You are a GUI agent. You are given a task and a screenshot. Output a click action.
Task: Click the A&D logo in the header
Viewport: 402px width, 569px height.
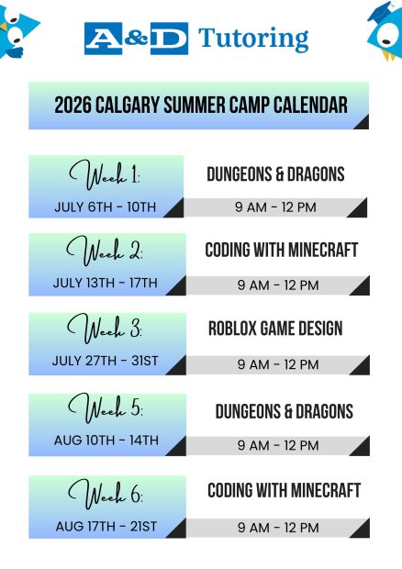(136, 39)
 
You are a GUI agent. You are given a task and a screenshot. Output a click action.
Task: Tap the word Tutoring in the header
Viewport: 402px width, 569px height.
(253, 39)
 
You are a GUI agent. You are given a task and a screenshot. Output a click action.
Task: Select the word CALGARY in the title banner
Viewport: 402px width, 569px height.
(128, 105)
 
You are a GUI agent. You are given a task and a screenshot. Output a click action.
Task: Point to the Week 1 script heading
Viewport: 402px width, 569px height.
(105, 175)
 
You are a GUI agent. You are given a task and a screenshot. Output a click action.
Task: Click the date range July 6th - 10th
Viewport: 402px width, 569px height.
(106, 207)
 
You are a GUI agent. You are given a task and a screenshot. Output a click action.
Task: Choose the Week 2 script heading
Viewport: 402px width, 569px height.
(105, 251)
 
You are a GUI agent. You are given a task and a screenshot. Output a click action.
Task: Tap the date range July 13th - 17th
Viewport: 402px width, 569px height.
(106, 283)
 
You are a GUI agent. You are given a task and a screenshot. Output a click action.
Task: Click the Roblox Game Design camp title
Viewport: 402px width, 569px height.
(275, 329)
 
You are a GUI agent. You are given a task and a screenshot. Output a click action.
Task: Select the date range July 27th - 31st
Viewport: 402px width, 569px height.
(106, 361)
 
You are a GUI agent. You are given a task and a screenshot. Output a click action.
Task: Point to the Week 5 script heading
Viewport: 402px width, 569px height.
(106, 407)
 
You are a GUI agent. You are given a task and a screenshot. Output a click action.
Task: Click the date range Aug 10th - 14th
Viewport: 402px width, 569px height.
(106, 441)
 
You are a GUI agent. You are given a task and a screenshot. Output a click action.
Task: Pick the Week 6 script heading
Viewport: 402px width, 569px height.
(106, 493)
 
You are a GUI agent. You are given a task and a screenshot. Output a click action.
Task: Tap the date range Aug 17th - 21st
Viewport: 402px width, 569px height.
(106, 526)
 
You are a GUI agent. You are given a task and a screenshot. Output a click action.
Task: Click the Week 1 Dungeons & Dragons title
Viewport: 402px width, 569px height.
(275, 174)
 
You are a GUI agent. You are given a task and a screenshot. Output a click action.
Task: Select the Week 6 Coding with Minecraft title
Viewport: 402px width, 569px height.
(285, 490)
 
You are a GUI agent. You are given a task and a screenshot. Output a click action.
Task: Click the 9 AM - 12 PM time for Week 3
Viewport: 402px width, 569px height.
(278, 364)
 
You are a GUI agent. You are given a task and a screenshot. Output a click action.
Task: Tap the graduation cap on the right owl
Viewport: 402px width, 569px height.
(382, 10)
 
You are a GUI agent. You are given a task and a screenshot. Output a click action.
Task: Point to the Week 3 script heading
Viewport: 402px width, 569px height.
(105, 329)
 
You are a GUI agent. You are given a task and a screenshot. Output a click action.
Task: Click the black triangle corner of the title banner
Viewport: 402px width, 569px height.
(363, 123)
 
